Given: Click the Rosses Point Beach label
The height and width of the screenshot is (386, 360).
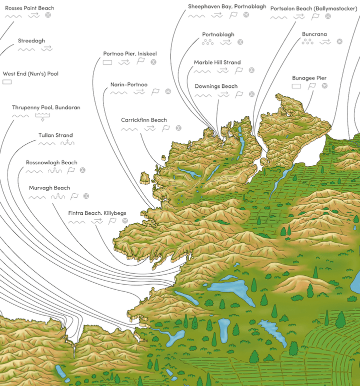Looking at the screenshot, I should (29, 8).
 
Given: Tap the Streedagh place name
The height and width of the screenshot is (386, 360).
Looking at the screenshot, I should (31, 40).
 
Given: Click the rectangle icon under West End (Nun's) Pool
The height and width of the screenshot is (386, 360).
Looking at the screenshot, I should (7, 82).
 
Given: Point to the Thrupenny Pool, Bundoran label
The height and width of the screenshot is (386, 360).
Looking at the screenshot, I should (46, 107).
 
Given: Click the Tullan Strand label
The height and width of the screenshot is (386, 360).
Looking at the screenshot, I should (55, 135).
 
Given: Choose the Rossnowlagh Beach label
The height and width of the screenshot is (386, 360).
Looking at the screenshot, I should (51, 163).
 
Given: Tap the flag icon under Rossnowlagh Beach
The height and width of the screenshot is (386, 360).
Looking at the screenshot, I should (71, 170).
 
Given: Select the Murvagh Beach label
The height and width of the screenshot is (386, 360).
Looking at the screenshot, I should (49, 188).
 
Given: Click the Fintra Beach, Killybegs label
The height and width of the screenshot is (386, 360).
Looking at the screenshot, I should (97, 213).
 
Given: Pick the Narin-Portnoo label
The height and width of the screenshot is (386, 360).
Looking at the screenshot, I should (129, 85).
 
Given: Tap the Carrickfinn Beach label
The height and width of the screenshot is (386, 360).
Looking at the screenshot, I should (144, 120).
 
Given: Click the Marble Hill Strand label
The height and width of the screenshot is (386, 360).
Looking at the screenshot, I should (217, 62).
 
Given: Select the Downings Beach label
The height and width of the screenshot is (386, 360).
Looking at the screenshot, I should (216, 86).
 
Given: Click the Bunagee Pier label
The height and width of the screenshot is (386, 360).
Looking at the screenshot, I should (309, 78).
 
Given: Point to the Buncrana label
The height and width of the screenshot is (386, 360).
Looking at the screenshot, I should (314, 34).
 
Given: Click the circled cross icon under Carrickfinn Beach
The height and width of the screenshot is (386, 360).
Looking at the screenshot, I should (179, 128).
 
